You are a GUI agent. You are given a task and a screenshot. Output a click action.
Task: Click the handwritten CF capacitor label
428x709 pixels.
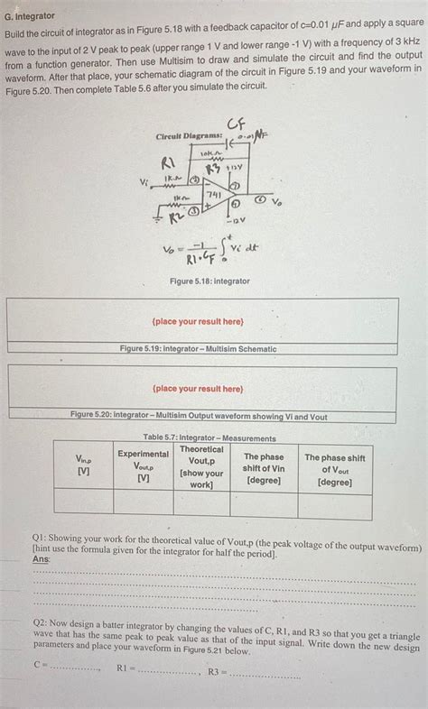(x=237, y=124)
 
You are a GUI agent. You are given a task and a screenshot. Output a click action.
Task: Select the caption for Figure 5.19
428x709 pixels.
(x=199, y=349)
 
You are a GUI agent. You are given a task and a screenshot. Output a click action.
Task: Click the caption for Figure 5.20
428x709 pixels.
(x=199, y=416)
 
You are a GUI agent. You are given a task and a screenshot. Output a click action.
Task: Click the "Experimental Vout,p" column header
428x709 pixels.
(x=143, y=465)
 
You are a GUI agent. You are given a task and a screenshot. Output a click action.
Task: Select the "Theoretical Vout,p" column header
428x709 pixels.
(x=201, y=466)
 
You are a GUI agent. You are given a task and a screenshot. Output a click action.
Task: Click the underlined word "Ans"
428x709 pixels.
(x=41, y=559)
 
